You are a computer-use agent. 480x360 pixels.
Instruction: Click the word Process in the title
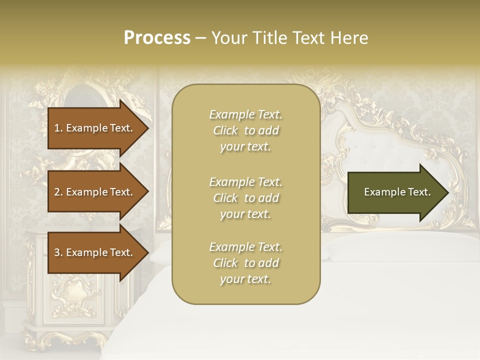pos(157,37)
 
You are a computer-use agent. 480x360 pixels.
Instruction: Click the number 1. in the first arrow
pos(58,128)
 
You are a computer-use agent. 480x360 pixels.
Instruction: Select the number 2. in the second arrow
pos(58,192)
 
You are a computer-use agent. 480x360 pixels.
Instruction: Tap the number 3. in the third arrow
pos(58,252)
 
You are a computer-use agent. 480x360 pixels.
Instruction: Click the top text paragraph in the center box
pos(245,130)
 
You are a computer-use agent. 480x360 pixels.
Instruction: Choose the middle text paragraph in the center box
pos(245,198)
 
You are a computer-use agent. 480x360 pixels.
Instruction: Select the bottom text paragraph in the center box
pos(245,263)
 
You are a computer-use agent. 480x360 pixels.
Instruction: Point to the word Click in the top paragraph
pos(225,130)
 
